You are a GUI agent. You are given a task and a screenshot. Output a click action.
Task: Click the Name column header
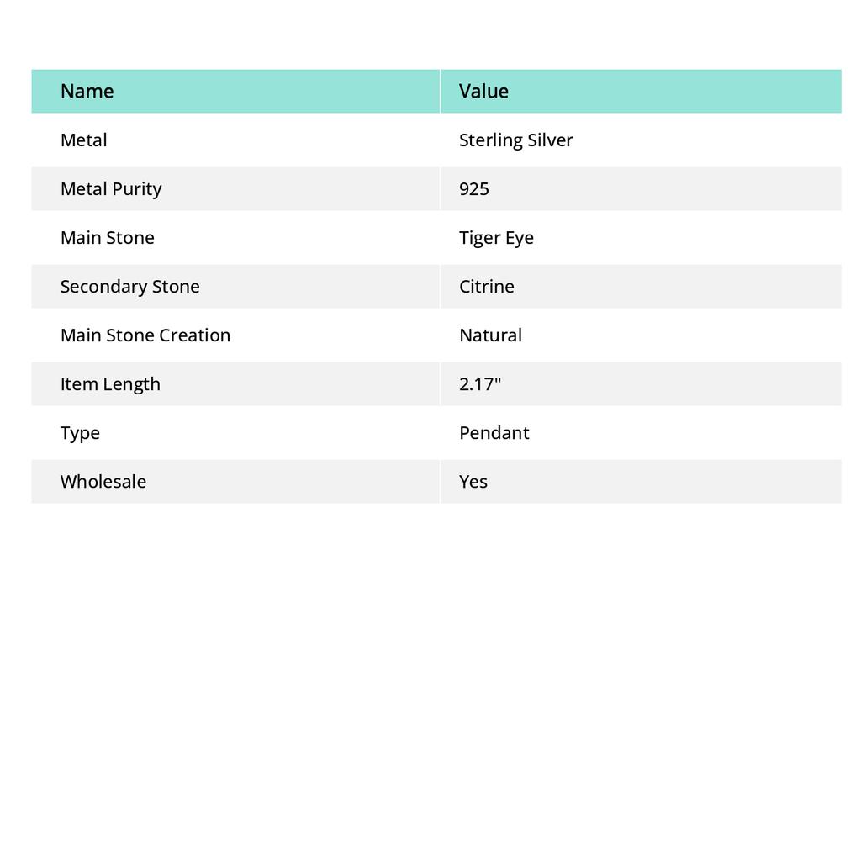click(87, 91)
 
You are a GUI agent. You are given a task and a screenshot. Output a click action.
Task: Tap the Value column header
click(483, 91)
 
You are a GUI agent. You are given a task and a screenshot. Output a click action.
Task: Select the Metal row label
click(83, 140)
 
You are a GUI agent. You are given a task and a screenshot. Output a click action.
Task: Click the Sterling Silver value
click(515, 140)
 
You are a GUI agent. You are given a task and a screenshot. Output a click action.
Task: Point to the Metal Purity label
click(111, 189)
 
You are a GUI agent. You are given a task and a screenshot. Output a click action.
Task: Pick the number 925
click(474, 189)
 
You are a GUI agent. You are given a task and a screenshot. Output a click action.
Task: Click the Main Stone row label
click(107, 238)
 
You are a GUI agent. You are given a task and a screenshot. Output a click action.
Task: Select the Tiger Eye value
click(496, 238)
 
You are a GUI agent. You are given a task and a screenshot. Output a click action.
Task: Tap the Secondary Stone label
click(129, 287)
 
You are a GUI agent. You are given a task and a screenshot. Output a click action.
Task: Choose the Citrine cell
click(486, 287)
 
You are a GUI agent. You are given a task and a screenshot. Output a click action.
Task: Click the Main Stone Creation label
click(145, 335)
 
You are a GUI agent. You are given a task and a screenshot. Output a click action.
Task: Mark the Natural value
click(490, 335)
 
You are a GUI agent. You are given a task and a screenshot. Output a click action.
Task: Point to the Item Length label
click(110, 384)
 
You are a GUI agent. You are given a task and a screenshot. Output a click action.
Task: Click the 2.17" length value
click(480, 384)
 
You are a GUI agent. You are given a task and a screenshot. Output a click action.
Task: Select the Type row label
click(80, 433)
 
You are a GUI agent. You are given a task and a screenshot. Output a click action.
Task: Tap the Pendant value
click(494, 433)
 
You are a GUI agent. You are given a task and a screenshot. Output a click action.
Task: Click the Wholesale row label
click(103, 482)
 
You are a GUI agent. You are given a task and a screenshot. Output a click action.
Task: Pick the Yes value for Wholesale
click(473, 482)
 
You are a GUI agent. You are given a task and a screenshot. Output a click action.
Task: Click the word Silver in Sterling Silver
click(550, 140)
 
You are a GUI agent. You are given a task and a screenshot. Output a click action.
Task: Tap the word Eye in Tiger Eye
click(519, 238)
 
